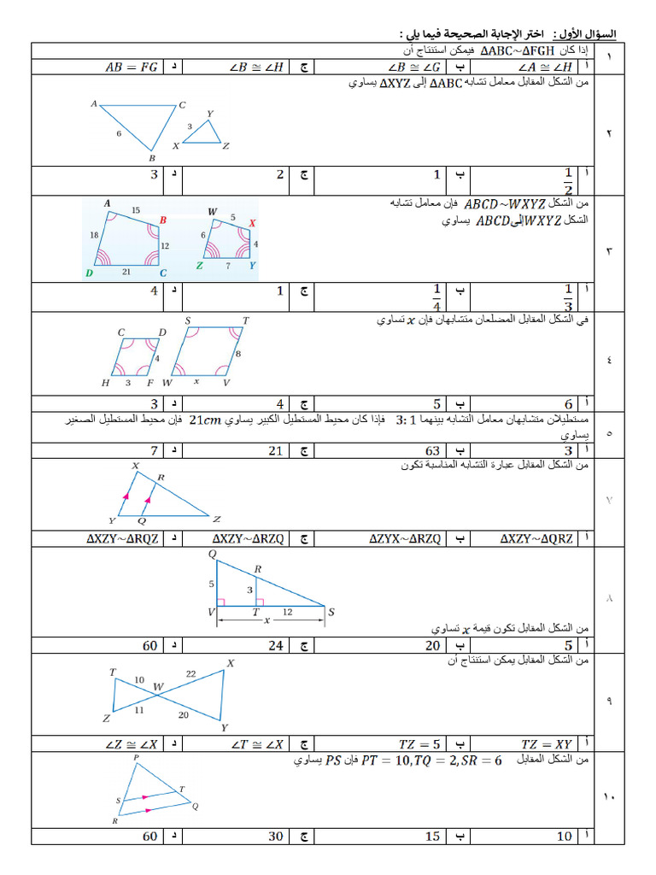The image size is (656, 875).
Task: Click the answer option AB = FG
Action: click(132, 68)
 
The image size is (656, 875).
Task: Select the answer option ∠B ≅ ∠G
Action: click(414, 68)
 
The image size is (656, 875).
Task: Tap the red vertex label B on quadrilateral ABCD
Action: click(163, 220)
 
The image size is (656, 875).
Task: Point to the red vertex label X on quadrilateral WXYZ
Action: click(252, 223)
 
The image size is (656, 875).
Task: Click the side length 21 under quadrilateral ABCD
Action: click(126, 272)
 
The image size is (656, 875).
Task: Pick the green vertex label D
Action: click(89, 273)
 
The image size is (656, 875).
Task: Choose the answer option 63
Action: click(433, 450)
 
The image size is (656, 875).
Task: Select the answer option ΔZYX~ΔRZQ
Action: click(405, 538)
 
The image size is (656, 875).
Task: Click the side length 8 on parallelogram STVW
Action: click(238, 354)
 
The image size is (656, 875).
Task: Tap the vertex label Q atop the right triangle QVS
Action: click(212, 554)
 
